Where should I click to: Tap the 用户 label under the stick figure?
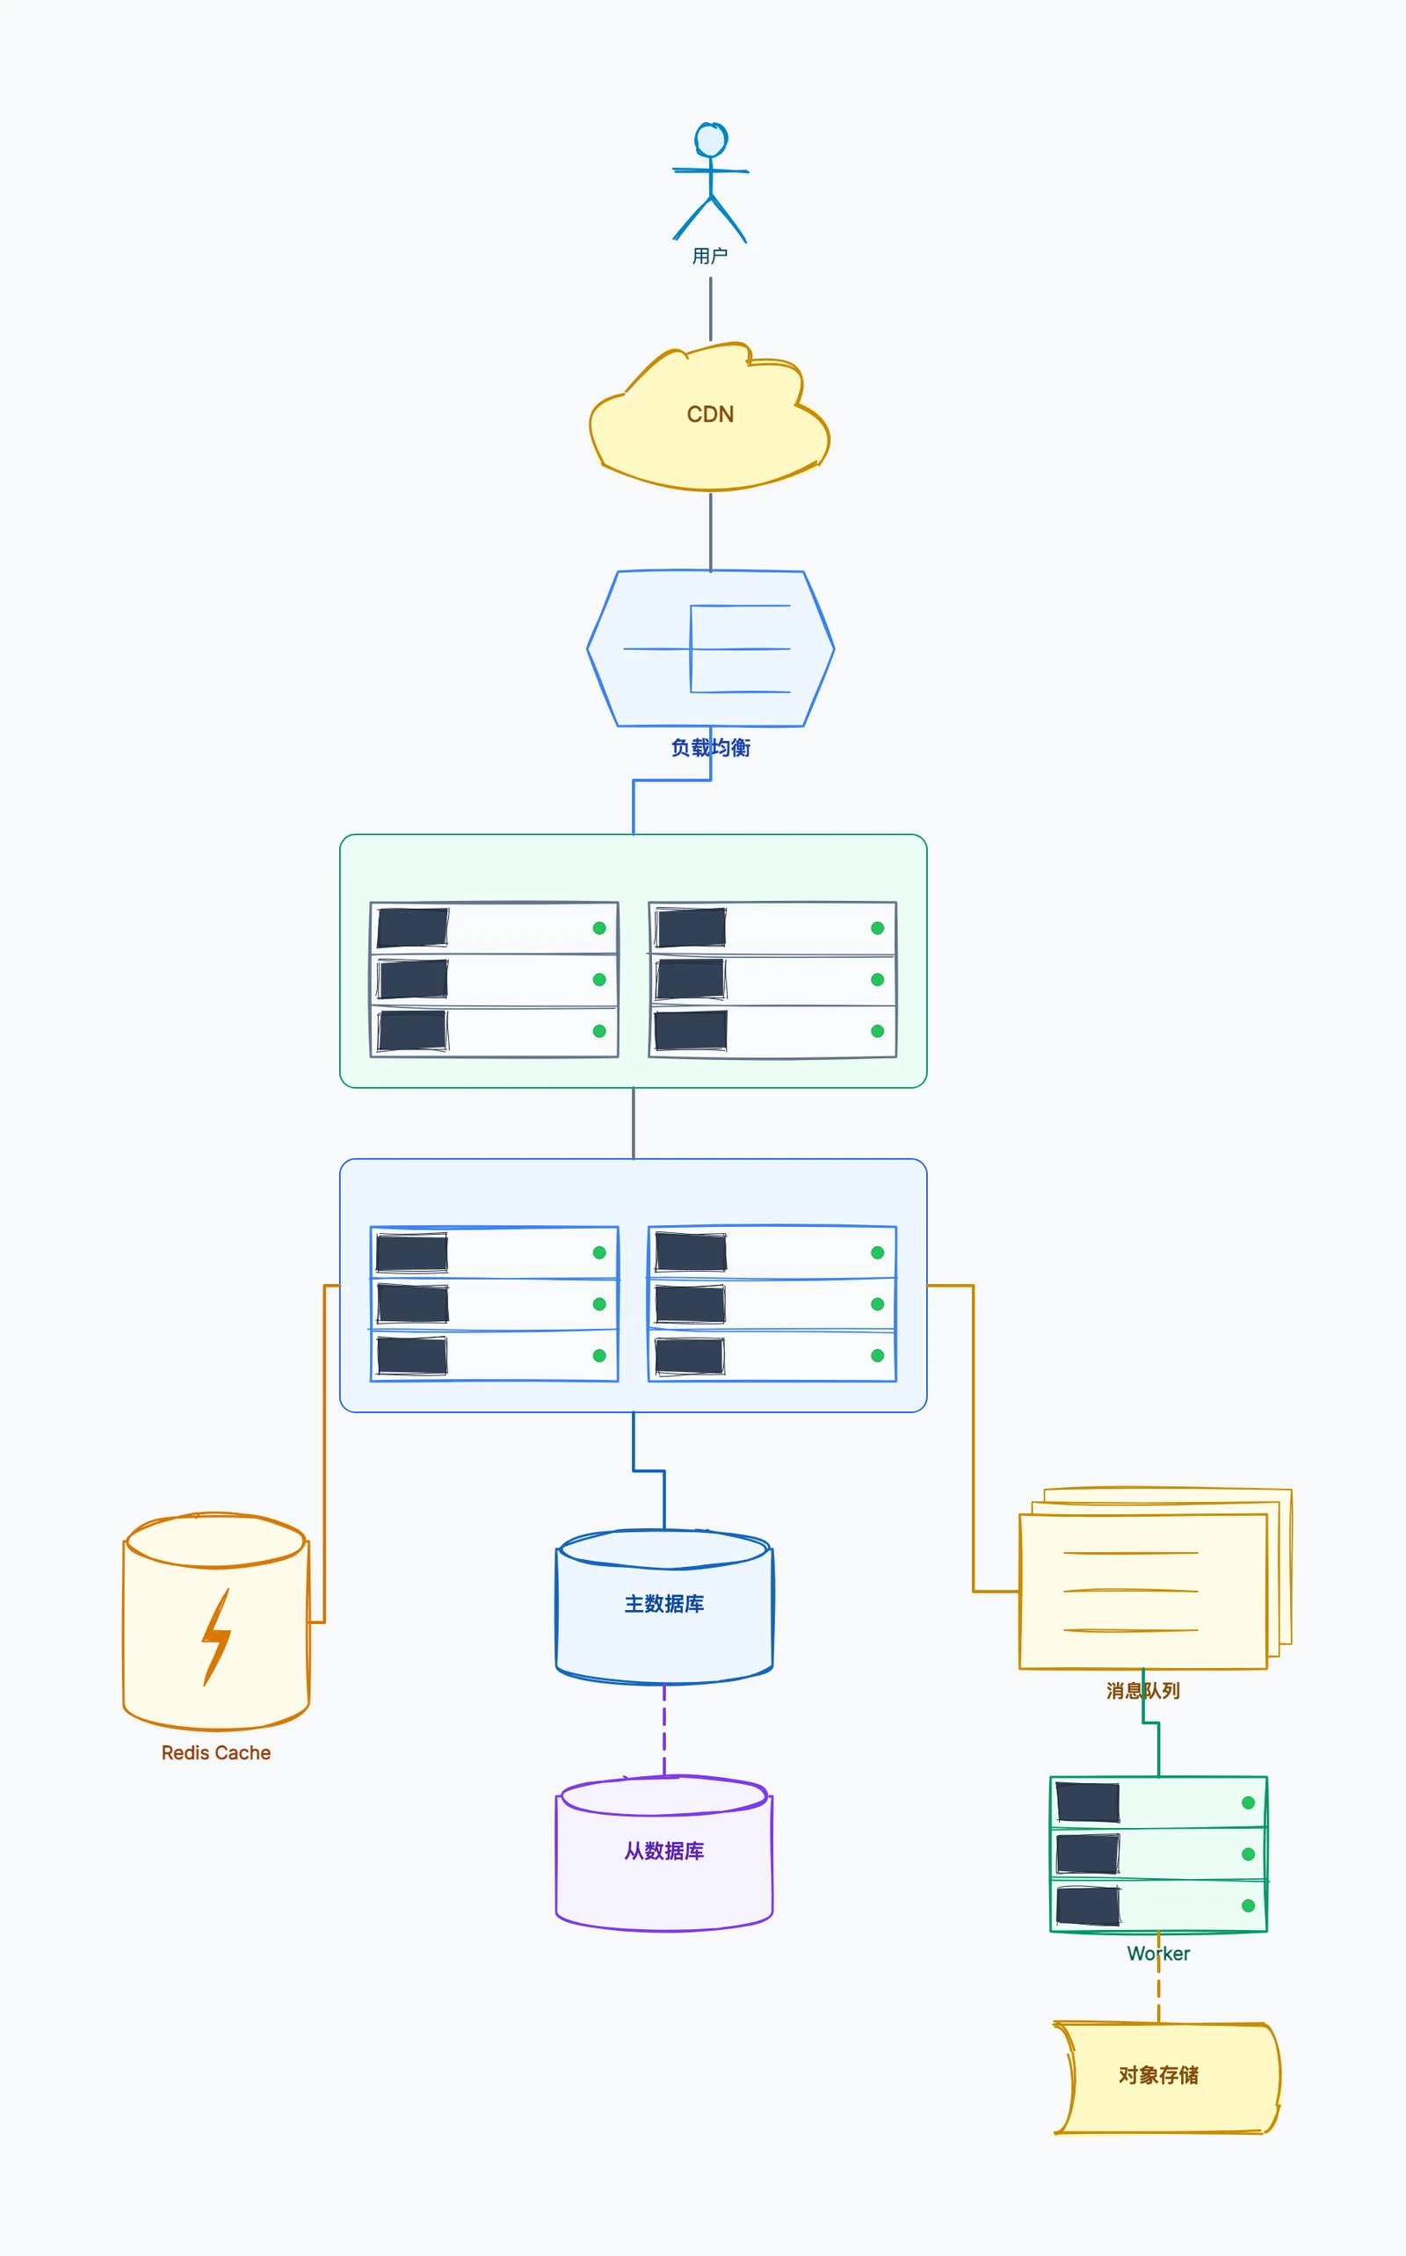710,256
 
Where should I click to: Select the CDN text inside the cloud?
710,415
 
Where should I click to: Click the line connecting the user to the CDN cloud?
712,308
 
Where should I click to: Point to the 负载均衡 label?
710,748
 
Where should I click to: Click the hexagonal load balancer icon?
710,649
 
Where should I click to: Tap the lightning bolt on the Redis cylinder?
217,1637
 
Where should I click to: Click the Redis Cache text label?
216,1753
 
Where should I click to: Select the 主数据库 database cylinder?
664,1606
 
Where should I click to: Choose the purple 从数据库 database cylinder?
664,1853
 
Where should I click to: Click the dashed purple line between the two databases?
664,1730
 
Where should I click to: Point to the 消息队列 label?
1143,1691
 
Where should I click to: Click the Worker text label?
1159,1954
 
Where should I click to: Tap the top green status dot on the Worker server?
1248,1803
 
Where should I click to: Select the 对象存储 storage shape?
1167,2077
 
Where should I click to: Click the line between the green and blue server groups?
634,1123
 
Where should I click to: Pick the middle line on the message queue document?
1131,1590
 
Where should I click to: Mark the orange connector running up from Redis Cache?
324,1454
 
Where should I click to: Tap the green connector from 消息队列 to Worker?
1151,1723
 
